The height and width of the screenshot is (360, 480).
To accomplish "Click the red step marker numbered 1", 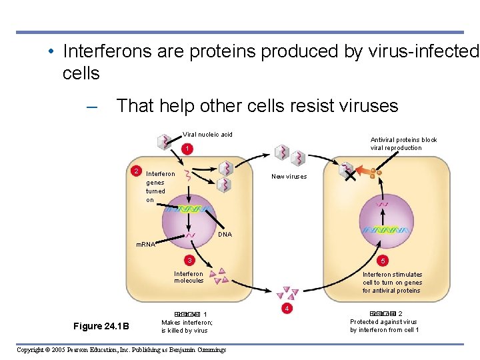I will [189, 148].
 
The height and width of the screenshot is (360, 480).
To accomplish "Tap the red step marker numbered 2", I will [136, 171].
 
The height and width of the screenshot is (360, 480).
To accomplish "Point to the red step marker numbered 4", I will [286, 309].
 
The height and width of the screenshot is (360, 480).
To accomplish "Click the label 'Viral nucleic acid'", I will [208, 135].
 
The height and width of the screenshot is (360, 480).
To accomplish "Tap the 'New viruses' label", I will [289, 177].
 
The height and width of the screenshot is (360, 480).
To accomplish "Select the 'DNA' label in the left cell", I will [225, 235].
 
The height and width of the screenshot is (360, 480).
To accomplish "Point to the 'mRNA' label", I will [145, 245].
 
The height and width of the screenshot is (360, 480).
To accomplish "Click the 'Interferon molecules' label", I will [189, 277].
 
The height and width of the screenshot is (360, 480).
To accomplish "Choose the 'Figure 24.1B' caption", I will [101, 326].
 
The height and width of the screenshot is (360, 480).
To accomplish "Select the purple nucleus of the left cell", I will [189, 217].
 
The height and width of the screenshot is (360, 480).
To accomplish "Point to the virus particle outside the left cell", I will [163, 142].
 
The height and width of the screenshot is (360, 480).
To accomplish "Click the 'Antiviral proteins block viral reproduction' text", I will [403, 144].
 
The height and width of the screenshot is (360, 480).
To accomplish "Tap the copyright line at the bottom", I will [121, 350].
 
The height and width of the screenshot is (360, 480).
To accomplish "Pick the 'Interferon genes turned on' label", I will [160, 187].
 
